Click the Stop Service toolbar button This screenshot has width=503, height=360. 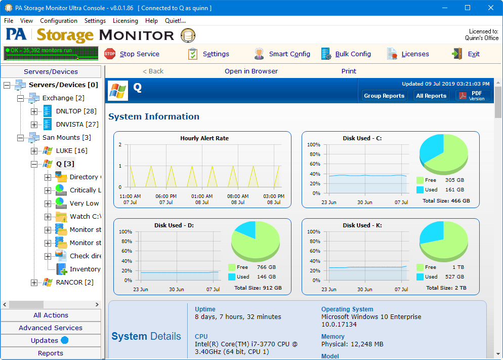point(132,54)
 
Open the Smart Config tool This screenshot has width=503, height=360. point(282,54)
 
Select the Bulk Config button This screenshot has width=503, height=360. point(346,54)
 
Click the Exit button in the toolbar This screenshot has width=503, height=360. point(466,54)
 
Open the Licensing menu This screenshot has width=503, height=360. point(125,21)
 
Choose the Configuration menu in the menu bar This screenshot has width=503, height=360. point(59,21)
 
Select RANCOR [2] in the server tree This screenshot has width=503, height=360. point(74,282)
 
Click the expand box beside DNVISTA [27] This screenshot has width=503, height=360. point(34,124)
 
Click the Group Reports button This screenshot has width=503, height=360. point(384,96)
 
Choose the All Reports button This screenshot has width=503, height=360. point(431,96)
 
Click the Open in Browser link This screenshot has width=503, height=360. point(251,71)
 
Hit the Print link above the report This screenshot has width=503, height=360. point(349,71)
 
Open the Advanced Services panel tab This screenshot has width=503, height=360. point(51,328)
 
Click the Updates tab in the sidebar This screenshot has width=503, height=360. point(45,340)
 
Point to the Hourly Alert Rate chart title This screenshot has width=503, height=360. point(204,138)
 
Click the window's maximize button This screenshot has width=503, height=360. point(468,8)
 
